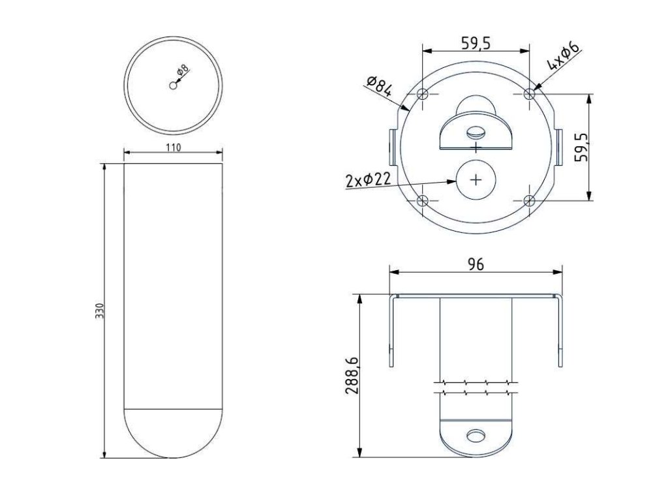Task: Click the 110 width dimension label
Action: (174, 147)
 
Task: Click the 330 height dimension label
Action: (99, 311)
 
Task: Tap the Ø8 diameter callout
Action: (182, 70)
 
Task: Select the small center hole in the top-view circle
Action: (173, 85)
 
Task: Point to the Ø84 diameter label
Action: (379, 87)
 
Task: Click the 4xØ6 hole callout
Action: (564, 56)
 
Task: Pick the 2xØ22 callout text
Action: (368, 180)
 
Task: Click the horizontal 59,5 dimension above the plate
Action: (476, 43)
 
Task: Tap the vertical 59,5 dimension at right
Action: (581, 147)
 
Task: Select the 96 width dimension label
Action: (476, 265)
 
